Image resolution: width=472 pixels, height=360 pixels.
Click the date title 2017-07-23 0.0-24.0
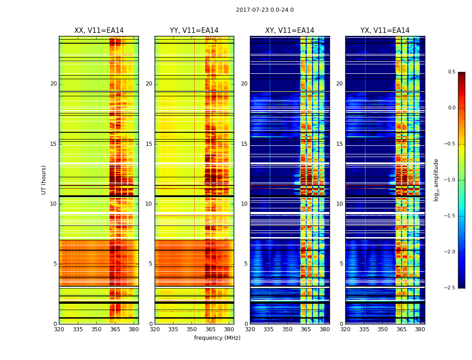click(265, 10)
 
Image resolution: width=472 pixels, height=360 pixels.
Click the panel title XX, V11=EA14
click(99, 31)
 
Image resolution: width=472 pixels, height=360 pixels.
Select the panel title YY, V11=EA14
click(194, 31)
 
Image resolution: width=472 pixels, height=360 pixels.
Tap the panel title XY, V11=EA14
click(289, 31)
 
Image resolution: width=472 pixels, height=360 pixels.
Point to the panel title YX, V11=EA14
click(385, 31)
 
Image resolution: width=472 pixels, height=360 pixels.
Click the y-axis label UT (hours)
click(44, 180)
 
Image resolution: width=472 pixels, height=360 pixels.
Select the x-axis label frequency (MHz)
click(217, 338)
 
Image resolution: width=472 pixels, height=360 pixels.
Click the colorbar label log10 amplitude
click(436, 180)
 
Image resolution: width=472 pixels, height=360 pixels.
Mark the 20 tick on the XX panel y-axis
click(53, 84)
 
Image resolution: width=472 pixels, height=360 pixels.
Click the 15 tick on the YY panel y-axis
click(149, 144)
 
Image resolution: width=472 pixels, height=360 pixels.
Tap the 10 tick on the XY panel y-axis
click(244, 204)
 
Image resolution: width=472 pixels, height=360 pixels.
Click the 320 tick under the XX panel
click(59, 329)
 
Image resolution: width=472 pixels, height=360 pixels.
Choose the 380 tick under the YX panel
click(420, 329)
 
